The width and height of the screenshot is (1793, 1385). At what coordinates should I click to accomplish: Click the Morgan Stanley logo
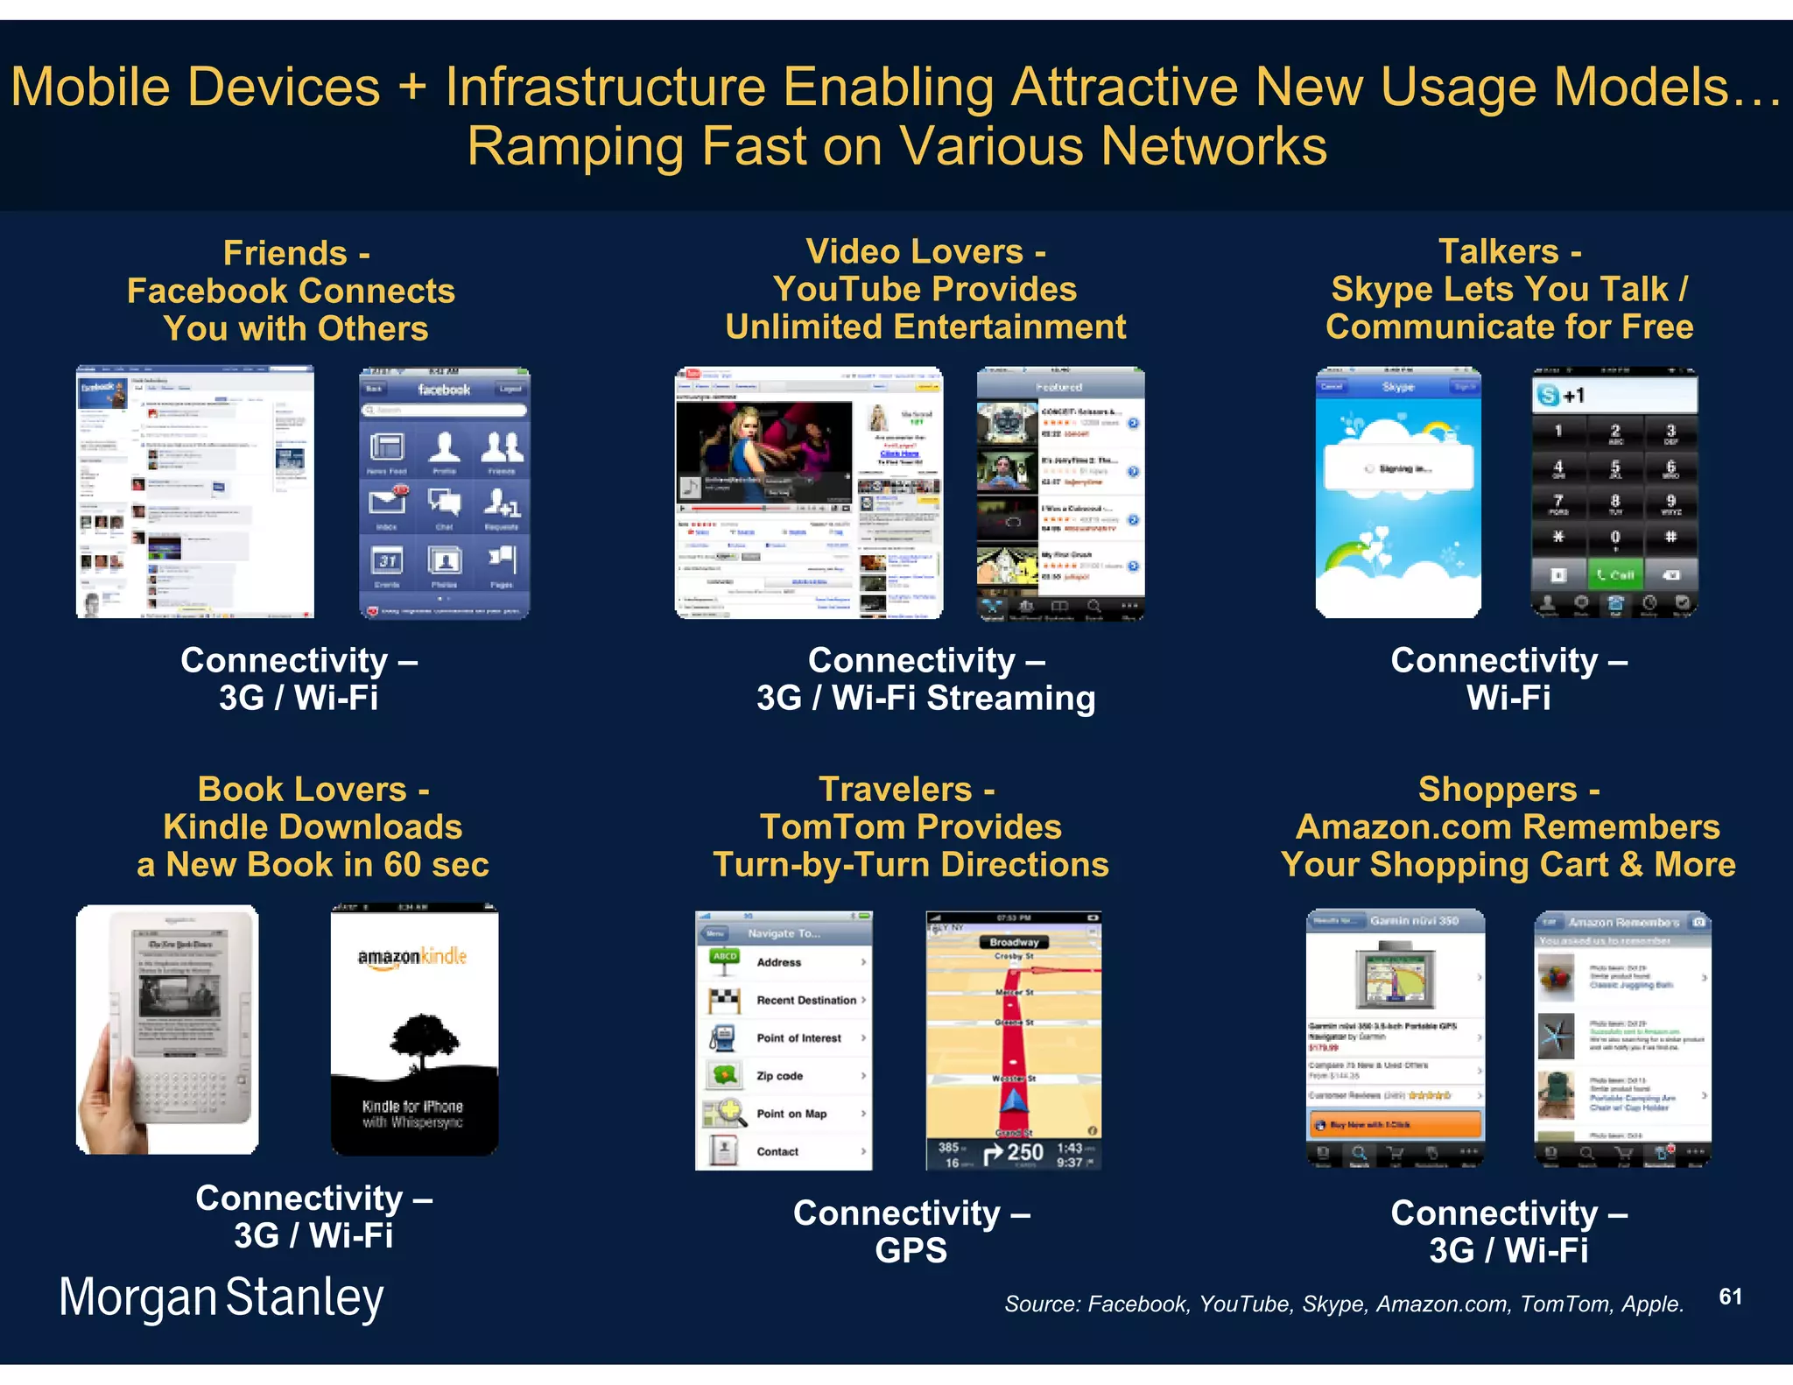click(x=221, y=1297)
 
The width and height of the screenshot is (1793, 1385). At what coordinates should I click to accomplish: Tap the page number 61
click(x=1730, y=1297)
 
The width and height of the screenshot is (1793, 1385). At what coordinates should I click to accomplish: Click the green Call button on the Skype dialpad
click(x=1614, y=575)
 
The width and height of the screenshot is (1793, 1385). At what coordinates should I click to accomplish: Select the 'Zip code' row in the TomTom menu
click(x=784, y=1076)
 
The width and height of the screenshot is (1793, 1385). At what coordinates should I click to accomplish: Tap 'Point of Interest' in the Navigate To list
click(x=798, y=1038)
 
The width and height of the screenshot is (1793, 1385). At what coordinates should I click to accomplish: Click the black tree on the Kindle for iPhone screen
click(x=425, y=1042)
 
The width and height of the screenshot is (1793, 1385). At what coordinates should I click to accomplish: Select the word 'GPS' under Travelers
click(x=911, y=1250)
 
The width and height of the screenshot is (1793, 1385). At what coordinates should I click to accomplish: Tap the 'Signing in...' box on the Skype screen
click(x=1398, y=469)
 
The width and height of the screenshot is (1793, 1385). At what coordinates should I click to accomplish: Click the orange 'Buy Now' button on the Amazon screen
click(x=1395, y=1124)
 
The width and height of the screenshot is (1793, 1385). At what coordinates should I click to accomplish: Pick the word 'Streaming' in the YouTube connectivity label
click(x=1011, y=699)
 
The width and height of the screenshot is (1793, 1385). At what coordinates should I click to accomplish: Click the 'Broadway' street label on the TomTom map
click(x=1014, y=942)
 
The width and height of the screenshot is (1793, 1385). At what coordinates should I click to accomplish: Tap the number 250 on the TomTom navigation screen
click(x=1024, y=1153)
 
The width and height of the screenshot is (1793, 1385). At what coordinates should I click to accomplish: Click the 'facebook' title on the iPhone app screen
click(x=444, y=390)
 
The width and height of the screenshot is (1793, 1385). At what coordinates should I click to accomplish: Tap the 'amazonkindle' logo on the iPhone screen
click(x=412, y=957)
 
